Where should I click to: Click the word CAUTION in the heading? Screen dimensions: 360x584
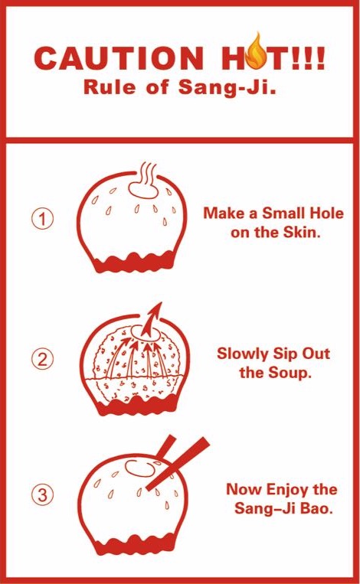[119, 58]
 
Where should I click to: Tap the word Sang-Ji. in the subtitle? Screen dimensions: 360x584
[227, 87]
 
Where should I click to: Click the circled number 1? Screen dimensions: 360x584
[42, 219]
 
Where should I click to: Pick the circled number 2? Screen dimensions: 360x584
[42, 360]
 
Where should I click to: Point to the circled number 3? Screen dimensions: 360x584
[42, 494]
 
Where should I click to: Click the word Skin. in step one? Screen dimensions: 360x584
[302, 233]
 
